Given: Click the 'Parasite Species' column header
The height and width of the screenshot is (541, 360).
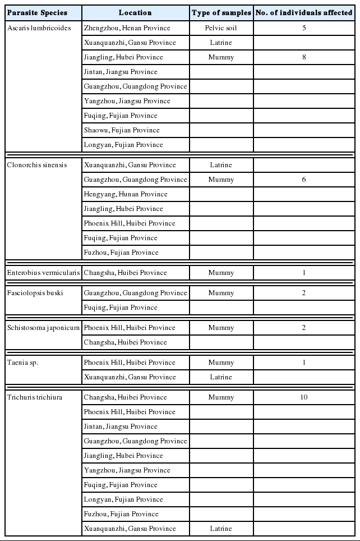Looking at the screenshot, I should [37, 12].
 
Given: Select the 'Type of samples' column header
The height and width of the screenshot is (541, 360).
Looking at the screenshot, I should [221, 12].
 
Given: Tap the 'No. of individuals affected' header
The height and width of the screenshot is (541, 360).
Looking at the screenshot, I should [303, 12].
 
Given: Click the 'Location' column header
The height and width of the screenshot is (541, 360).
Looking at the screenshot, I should [135, 12].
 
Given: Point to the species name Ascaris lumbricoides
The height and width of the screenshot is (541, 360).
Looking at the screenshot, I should [39, 28].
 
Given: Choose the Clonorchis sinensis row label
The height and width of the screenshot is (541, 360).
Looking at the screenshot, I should [37, 165].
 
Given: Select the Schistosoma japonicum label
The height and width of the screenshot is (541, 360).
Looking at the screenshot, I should [43, 328].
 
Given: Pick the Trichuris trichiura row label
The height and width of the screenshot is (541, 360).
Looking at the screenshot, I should [35, 397].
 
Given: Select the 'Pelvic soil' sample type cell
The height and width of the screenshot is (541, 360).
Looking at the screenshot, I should [221, 28].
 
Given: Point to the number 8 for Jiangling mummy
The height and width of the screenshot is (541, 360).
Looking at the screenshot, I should [304, 57].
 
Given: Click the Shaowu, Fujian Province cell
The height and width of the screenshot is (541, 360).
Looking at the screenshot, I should [122, 130].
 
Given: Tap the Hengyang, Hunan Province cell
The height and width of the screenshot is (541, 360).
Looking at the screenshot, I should [126, 194].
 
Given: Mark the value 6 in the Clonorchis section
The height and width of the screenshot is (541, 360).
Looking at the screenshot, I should [304, 180].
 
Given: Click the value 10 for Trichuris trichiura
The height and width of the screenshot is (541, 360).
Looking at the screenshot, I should [304, 397].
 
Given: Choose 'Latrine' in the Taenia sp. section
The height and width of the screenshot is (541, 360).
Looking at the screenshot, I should [221, 377].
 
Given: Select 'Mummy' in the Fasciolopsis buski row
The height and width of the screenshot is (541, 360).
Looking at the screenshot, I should [221, 293].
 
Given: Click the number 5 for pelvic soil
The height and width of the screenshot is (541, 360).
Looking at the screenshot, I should [304, 28].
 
